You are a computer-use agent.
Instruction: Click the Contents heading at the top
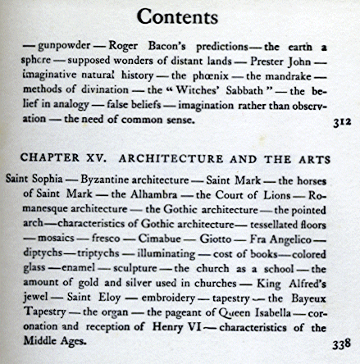click(179, 16)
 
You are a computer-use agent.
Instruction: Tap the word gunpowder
click(57, 48)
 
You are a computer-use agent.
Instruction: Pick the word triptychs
click(91, 257)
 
